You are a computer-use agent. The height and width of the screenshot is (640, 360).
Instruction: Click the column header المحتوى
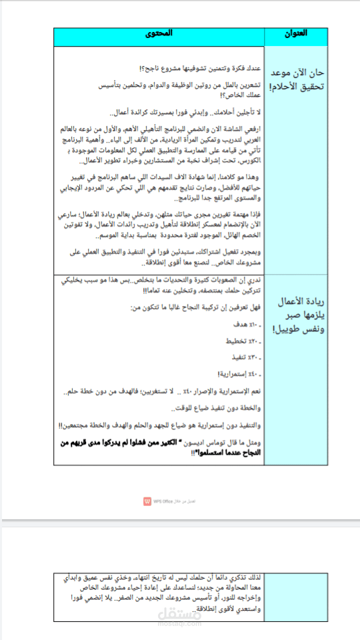tap(159, 34)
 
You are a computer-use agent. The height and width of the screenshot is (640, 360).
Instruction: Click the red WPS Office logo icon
tap(147, 501)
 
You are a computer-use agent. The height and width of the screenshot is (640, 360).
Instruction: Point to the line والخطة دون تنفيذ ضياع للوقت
tap(210, 408)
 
